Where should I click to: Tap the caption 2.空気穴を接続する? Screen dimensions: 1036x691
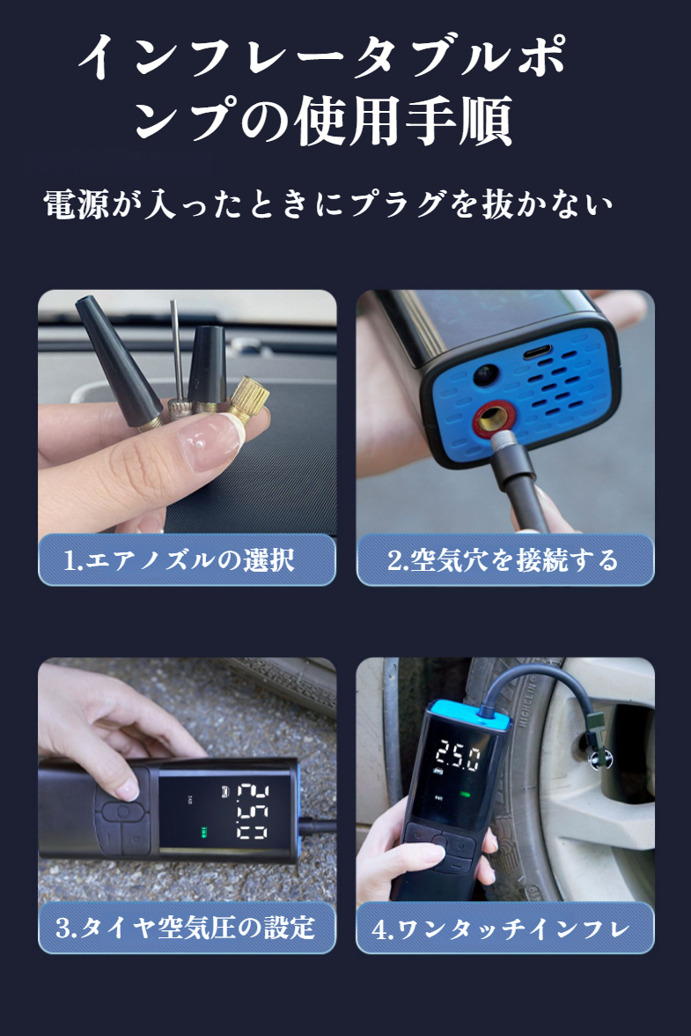(x=504, y=560)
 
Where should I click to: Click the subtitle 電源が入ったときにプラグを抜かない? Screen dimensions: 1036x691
(x=328, y=205)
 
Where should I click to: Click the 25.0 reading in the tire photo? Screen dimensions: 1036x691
(x=459, y=755)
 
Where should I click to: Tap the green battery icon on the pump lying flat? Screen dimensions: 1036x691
(x=204, y=832)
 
